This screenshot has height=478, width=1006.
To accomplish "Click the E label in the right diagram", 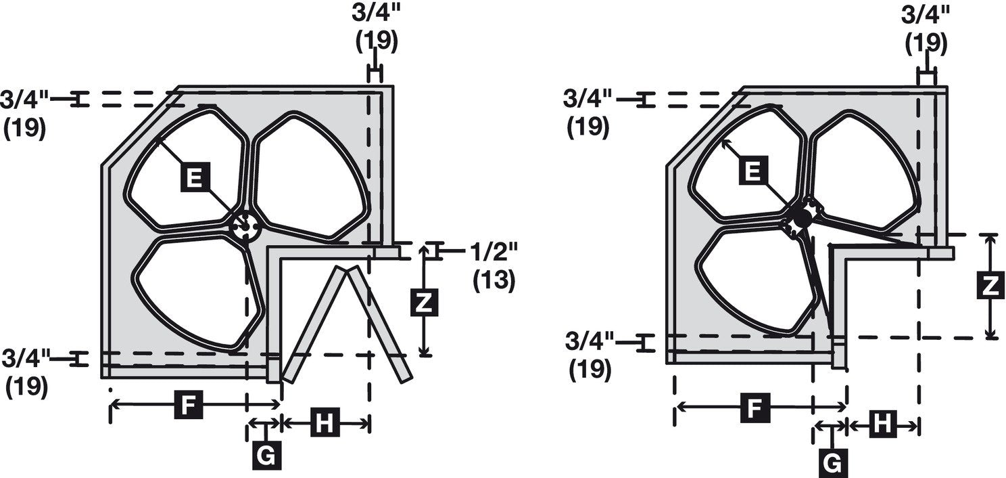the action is [752, 171].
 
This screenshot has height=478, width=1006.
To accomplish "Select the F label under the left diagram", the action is [188, 405].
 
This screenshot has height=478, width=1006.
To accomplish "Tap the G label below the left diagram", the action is [266, 456].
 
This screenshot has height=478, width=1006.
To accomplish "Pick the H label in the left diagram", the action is [325, 422].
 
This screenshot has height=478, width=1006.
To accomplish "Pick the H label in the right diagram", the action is [883, 424].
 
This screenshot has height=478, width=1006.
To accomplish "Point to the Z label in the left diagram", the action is [425, 302].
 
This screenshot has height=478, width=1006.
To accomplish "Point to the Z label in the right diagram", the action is [990, 285].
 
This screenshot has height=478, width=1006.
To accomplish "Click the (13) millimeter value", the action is [494, 280].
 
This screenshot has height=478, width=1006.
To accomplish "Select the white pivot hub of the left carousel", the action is [245, 225].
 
